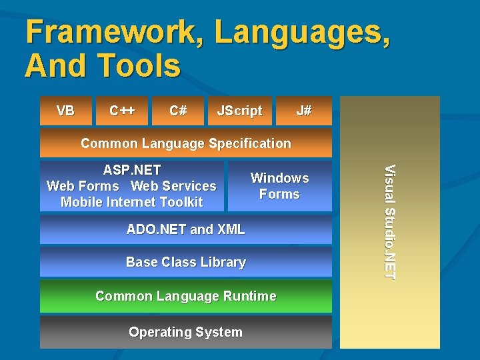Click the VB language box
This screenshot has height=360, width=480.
[x=65, y=111]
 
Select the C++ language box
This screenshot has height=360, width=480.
[x=123, y=111]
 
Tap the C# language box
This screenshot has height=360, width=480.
[x=178, y=111]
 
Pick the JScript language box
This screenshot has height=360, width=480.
[x=239, y=111]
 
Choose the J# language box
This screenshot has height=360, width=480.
[x=304, y=111]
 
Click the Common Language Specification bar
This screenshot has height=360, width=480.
[x=185, y=143]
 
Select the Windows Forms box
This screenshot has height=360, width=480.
[x=279, y=186]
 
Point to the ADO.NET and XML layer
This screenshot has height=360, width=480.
[x=185, y=229]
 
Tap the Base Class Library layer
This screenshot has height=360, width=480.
[x=185, y=262]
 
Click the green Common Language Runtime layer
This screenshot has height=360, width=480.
[x=185, y=296]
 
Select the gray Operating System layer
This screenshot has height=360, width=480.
[x=185, y=332]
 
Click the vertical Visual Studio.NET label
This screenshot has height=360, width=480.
[x=391, y=221]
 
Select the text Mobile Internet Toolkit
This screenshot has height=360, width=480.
[x=131, y=202]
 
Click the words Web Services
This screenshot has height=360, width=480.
[x=173, y=186]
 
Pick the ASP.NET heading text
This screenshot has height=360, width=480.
[x=131, y=170]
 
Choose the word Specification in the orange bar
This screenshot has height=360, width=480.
[x=249, y=143]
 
